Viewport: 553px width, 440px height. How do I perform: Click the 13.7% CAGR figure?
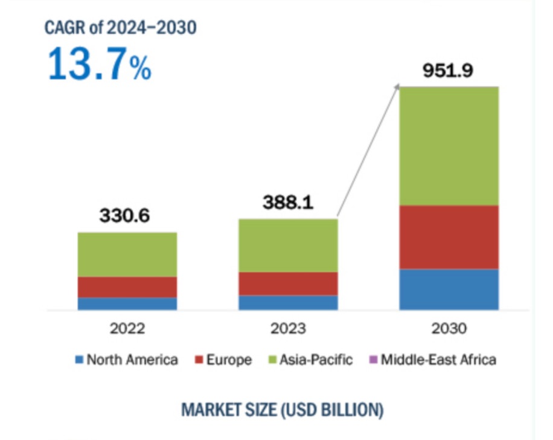[100, 64]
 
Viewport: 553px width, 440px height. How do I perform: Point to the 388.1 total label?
[288, 203]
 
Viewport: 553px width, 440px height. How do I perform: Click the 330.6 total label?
[127, 216]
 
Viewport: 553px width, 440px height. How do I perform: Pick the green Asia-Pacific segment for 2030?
[449, 146]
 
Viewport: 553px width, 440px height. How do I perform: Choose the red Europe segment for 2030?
[449, 237]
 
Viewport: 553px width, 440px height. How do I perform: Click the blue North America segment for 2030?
[449, 289]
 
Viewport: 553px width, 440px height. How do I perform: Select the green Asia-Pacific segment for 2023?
[288, 245]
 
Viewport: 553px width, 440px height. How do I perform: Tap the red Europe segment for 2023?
[288, 283]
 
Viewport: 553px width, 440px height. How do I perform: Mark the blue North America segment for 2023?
[288, 302]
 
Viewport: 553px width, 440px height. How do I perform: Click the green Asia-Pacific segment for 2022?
[127, 254]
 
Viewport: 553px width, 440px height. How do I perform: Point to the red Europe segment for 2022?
[127, 287]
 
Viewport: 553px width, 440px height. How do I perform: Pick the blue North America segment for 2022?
[127, 303]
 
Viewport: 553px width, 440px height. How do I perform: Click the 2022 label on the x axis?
[127, 329]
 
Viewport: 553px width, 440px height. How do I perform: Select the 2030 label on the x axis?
[449, 329]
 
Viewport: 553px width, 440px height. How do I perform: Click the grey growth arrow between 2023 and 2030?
[368, 151]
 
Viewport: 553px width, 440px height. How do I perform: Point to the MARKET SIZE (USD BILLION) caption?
[282, 410]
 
